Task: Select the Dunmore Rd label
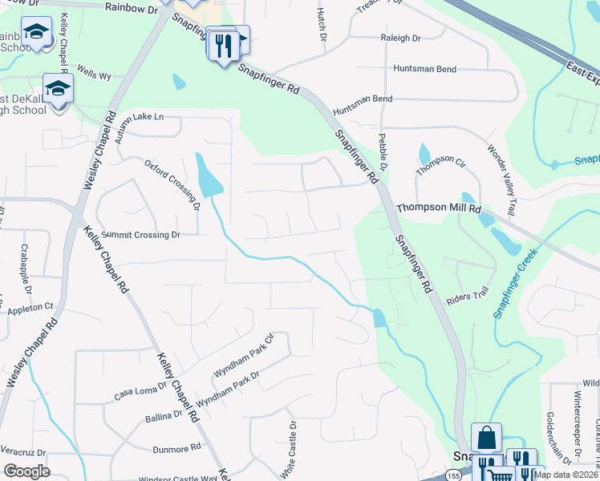(173, 448)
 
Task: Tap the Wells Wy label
(94, 76)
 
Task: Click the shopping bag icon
(486, 438)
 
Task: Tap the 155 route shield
(454, 475)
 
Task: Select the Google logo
(26, 471)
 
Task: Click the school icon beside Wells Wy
(59, 88)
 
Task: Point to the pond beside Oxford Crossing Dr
(208, 175)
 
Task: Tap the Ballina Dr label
(164, 417)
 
